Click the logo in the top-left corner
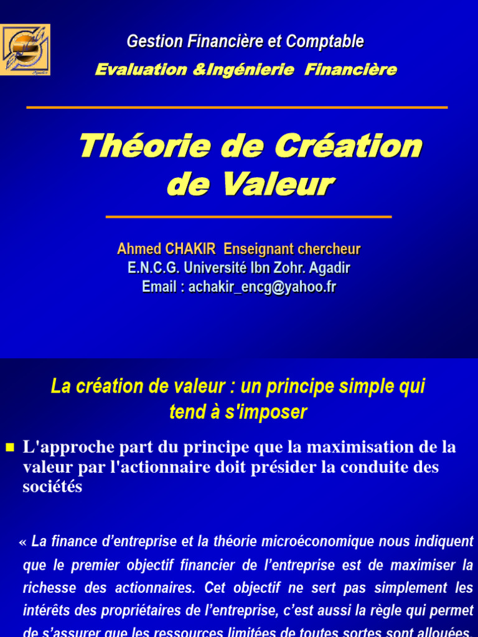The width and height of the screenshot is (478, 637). pos(26,50)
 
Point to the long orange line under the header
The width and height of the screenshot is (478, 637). pos(237,108)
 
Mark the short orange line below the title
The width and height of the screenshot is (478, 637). pos(248,216)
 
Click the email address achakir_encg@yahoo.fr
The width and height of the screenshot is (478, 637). pos(262,287)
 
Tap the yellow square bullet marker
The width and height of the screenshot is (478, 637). pos(9,447)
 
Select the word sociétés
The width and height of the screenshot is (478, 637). pos(52,487)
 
